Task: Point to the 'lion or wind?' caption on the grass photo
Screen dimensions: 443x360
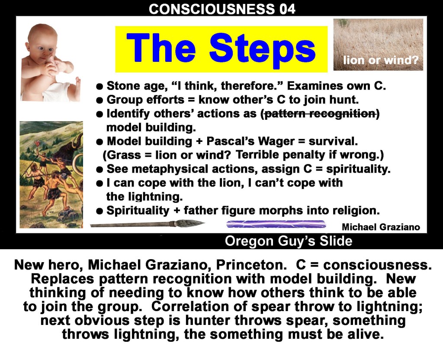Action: [x=381, y=60]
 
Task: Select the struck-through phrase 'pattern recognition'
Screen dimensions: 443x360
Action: [x=320, y=114]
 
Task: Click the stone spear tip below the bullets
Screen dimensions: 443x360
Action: [x=189, y=224]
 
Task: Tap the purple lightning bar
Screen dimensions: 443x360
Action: [x=276, y=225]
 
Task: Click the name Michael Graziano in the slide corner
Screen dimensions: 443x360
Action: [x=381, y=227]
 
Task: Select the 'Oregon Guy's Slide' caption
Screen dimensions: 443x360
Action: [x=289, y=241]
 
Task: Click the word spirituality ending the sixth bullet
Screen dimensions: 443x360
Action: [x=358, y=169]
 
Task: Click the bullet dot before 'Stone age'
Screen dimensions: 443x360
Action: [x=99, y=87]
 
